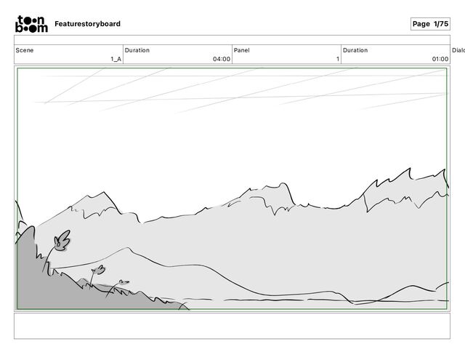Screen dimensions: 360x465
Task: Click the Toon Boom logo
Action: point(32,24)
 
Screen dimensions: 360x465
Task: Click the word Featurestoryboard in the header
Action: point(87,24)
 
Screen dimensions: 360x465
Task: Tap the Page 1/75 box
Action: point(430,24)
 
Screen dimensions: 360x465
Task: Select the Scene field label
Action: point(25,50)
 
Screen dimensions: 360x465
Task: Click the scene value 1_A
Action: point(116,59)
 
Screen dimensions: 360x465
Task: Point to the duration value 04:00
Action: point(222,59)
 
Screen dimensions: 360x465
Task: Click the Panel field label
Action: point(242,50)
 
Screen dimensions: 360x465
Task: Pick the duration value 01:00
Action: point(440,59)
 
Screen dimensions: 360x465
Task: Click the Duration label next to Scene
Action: point(137,50)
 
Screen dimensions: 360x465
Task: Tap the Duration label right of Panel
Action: point(355,50)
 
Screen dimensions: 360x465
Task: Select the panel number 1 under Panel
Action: point(337,59)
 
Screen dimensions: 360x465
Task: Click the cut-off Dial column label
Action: point(458,50)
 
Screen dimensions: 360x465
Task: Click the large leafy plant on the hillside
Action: point(62,241)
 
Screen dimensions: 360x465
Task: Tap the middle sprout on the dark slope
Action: point(97,271)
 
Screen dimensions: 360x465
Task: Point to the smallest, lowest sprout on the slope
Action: point(123,282)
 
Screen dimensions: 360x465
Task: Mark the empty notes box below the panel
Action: point(232,325)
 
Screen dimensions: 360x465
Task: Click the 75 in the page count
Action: point(443,24)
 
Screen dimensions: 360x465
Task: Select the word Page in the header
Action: point(421,24)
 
